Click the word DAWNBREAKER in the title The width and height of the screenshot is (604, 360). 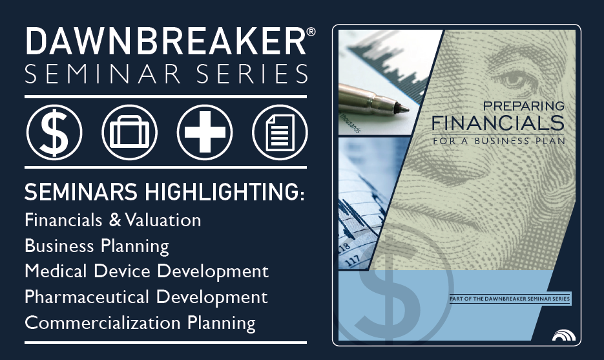click(165, 41)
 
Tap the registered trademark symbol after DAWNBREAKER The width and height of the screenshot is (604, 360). click(311, 32)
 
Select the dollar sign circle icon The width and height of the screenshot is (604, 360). click(54, 132)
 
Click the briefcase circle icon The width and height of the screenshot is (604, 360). click(129, 132)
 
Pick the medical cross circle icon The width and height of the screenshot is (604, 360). click(205, 132)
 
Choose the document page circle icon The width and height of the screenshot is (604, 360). click(280, 132)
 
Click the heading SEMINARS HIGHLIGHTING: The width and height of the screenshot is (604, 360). click(165, 192)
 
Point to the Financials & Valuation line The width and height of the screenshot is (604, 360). click(113, 220)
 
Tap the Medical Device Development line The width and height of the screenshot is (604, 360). click(147, 271)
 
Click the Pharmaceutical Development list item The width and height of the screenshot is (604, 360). click(146, 297)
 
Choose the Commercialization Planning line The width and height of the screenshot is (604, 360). click(140, 323)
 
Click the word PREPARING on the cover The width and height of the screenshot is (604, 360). click(523, 106)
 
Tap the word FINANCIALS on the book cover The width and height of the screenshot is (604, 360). click(497, 123)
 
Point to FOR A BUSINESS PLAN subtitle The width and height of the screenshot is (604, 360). click(499, 141)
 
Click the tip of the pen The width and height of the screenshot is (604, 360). click(408, 110)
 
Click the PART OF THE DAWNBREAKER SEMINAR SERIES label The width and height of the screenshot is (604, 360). click(510, 299)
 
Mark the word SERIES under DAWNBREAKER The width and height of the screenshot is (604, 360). click(253, 74)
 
